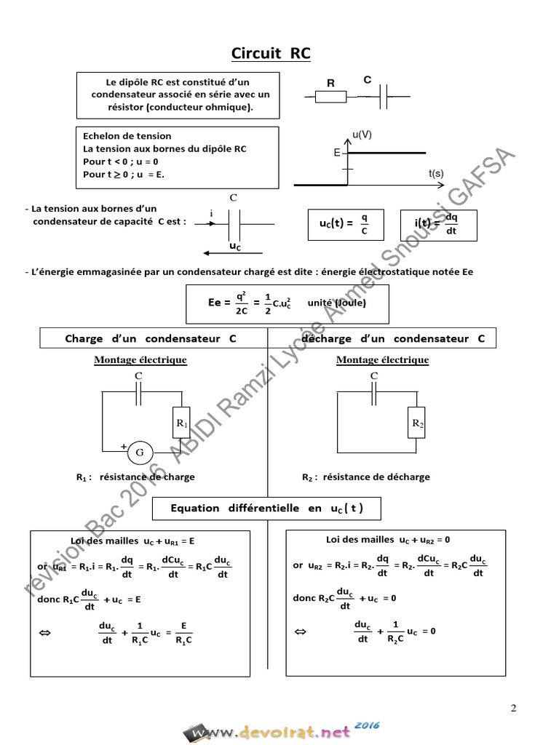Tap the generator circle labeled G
140,453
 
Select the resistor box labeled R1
182,422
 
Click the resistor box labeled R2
417,422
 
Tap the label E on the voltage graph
336,154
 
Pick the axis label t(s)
437,173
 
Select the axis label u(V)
362,135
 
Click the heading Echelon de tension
127,136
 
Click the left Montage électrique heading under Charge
140,359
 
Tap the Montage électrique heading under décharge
382,359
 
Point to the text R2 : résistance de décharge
365,477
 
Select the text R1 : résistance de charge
135,477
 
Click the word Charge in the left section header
84,339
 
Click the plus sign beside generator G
124,445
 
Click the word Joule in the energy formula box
351,303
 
